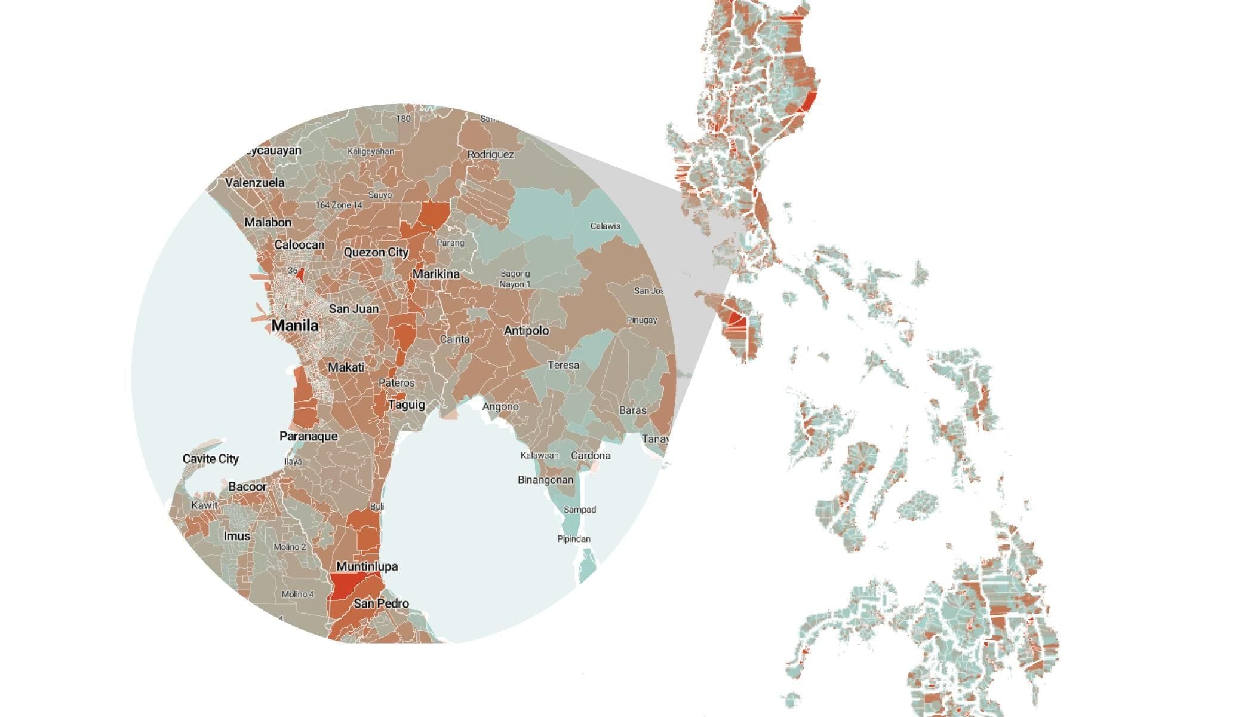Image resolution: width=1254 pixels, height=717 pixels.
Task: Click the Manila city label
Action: (294, 326)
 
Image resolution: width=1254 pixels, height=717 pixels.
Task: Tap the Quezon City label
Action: (376, 252)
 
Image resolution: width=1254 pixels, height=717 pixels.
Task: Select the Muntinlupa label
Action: (367, 566)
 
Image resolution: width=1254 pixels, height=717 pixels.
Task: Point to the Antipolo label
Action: (526, 330)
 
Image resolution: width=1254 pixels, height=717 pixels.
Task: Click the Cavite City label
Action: (210, 459)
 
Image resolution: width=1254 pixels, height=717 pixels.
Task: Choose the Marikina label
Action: (436, 274)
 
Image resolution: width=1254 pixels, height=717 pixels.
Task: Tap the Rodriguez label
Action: (490, 154)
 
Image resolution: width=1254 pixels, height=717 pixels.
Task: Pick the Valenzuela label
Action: (255, 182)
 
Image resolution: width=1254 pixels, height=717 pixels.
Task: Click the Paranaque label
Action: (308, 436)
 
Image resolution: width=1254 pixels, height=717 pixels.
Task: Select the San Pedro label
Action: (381, 603)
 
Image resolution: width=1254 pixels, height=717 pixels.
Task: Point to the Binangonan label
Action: (545, 480)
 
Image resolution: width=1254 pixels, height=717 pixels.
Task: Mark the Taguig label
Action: (407, 405)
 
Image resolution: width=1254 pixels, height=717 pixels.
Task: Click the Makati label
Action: (346, 367)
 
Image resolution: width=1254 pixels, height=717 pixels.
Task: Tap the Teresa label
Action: (563, 365)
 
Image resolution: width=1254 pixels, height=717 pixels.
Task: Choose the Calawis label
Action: (605, 226)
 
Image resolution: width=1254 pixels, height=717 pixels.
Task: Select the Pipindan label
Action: (573, 539)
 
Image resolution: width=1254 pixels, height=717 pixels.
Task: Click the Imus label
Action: (237, 536)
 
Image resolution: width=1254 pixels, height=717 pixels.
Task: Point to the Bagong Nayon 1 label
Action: (515, 279)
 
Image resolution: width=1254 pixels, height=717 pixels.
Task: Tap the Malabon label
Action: (268, 222)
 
